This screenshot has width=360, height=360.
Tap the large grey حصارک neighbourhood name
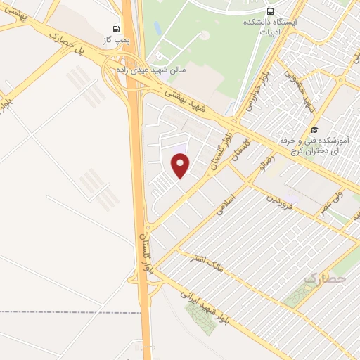326,279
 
